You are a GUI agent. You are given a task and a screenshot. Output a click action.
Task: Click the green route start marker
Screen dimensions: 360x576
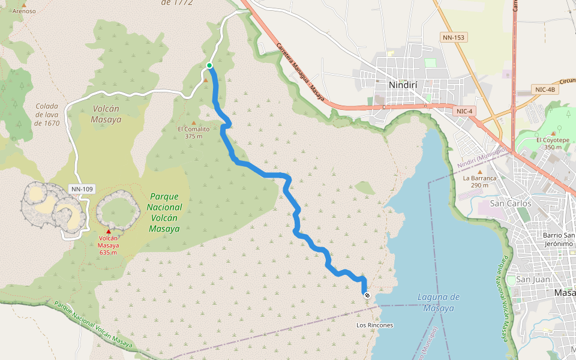[x=209, y=65]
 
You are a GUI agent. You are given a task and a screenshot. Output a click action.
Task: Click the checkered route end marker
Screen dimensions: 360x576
[x=367, y=295]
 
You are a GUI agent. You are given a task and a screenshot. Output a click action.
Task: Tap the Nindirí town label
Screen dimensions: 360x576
[x=407, y=85]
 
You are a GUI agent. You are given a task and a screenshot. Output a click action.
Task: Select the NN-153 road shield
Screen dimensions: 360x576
[x=454, y=37]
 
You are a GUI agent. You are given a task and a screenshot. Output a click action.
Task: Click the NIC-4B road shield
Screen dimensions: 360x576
[x=545, y=89]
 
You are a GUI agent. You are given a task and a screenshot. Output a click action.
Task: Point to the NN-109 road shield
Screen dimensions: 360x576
[x=82, y=189]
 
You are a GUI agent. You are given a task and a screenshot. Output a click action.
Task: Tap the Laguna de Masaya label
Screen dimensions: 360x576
[x=438, y=302]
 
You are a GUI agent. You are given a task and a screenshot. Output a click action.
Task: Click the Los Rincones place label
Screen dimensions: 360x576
[x=374, y=325]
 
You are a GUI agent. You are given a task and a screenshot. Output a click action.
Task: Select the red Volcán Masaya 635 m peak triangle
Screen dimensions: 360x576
[x=109, y=232]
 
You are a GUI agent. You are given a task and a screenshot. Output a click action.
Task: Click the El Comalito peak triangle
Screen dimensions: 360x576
[x=193, y=122]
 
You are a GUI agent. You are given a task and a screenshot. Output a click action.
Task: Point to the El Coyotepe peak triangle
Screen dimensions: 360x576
[x=553, y=133]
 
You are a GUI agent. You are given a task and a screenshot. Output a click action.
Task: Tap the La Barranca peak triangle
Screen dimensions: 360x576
[x=479, y=171]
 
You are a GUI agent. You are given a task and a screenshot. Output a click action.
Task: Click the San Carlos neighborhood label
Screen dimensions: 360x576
[x=511, y=203]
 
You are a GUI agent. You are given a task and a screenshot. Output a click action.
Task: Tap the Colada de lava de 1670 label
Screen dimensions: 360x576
[x=47, y=115]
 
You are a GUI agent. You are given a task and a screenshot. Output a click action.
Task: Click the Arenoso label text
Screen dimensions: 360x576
[x=24, y=11]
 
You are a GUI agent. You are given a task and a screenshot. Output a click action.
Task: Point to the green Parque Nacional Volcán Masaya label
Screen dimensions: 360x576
[x=165, y=212]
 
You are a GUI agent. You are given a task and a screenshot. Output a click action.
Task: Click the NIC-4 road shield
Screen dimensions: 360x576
[x=465, y=111]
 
